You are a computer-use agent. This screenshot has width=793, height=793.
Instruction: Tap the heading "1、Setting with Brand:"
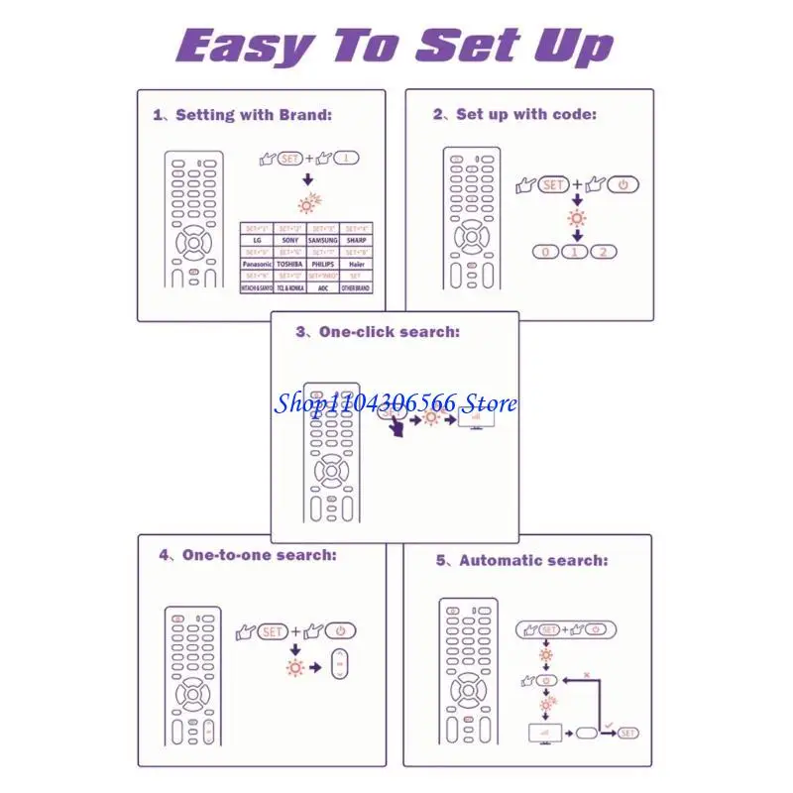[x=243, y=115]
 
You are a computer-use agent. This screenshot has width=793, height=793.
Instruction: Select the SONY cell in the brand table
[x=289, y=240]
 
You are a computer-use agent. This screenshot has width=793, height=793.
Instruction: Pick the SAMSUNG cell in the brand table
[x=323, y=240]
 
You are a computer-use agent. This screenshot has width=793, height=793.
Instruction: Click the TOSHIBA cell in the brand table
[x=289, y=265]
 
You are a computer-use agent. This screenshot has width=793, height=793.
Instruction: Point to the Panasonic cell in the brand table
[x=257, y=265]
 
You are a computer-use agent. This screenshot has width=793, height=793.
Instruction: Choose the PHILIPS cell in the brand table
[x=323, y=265]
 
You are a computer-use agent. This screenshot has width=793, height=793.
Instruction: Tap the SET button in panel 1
[x=289, y=158]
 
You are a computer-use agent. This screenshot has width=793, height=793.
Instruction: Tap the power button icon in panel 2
[x=623, y=185]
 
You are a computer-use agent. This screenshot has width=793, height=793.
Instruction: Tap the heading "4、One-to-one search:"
[x=248, y=555]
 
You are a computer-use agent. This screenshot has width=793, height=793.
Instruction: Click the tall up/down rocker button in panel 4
[x=340, y=665]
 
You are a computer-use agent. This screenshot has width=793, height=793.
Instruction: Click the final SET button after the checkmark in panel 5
[x=627, y=733]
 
